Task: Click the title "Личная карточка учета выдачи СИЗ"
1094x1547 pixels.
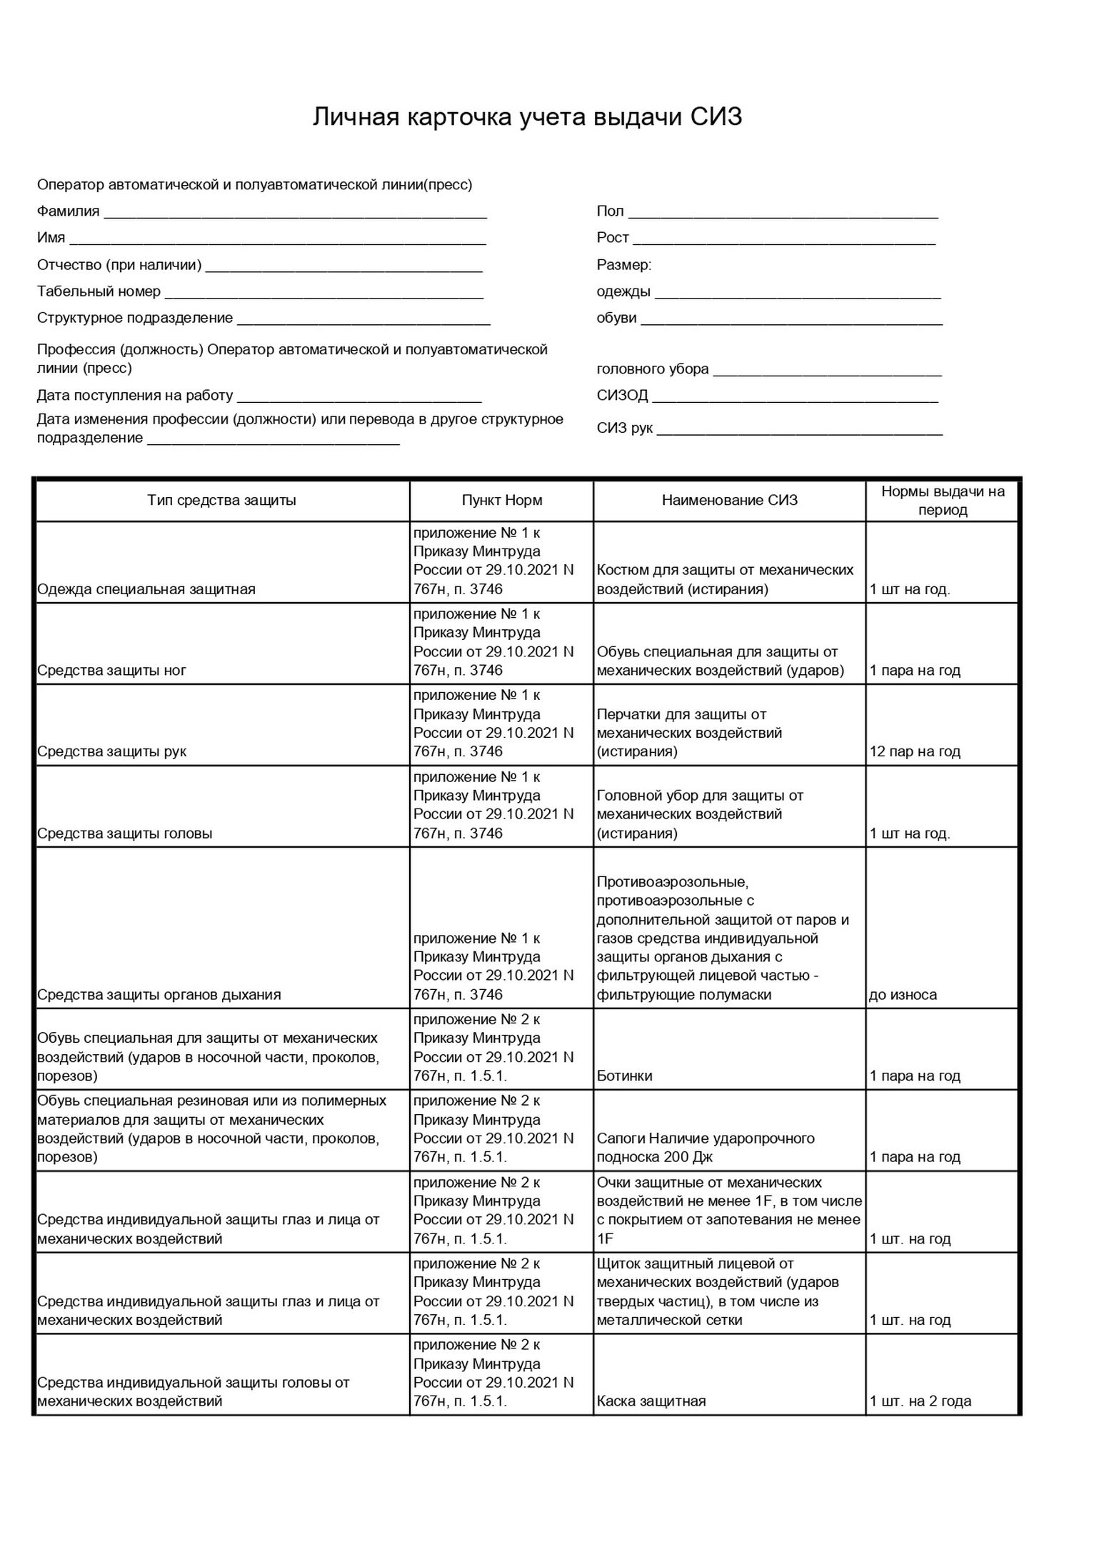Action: point(527,117)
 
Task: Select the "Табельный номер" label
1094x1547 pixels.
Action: point(99,291)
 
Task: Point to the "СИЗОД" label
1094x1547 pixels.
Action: point(622,395)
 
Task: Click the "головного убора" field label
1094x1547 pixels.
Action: point(653,369)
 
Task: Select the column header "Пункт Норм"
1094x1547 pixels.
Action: point(501,501)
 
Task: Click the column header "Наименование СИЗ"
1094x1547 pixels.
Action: point(729,501)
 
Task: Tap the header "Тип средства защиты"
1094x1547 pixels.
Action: point(221,501)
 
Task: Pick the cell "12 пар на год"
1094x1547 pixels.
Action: point(915,751)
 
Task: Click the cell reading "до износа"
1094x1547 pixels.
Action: point(903,995)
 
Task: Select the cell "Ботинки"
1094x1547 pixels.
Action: point(624,1076)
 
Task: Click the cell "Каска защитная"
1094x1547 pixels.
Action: point(651,1401)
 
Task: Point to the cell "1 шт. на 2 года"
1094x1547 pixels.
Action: point(920,1401)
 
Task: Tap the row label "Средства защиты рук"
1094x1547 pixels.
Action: point(111,751)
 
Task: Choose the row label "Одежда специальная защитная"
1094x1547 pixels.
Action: point(146,589)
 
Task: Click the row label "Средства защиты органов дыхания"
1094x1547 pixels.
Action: point(159,995)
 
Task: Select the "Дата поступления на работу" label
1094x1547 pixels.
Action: point(135,396)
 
